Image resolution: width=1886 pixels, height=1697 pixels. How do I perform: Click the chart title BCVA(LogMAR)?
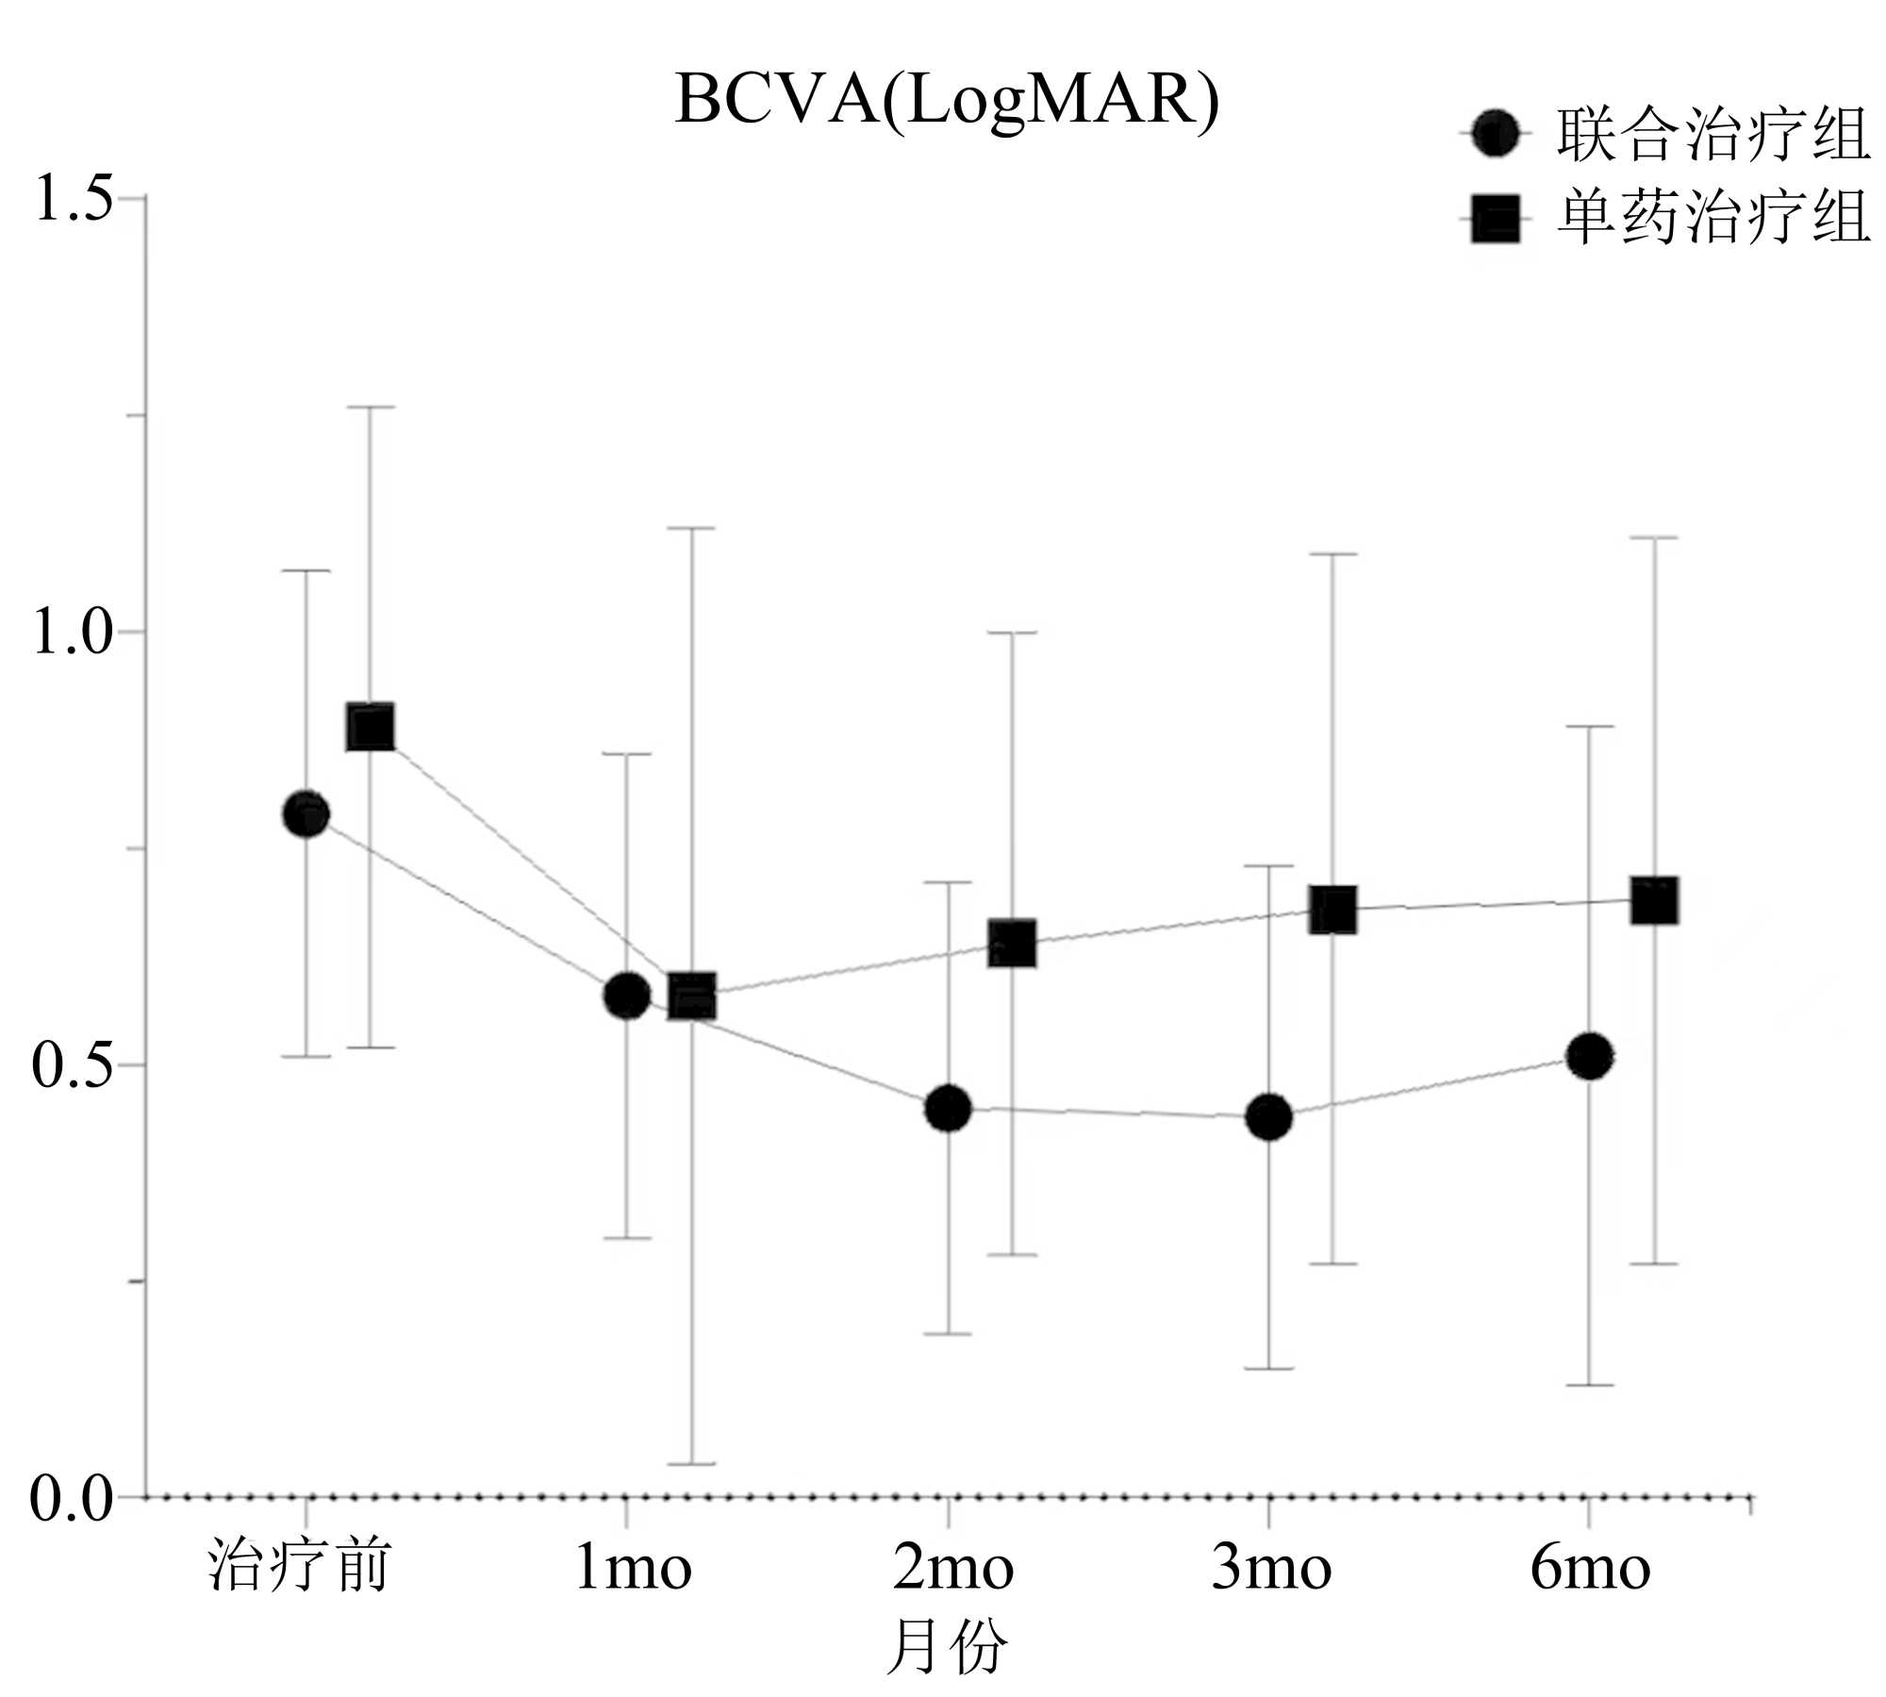(946, 100)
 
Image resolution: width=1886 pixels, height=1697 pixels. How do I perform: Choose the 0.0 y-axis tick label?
(71, 1498)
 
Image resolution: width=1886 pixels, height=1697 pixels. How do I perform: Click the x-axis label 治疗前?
(299, 1567)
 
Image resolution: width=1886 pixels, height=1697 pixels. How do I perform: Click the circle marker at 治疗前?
(306, 814)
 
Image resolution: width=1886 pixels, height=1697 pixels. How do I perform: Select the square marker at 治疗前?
(371, 727)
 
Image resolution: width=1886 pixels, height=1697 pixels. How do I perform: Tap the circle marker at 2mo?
(948, 1109)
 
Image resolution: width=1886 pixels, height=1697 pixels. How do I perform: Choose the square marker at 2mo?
(1013, 944)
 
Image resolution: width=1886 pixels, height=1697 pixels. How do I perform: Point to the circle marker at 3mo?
(1268, 1117)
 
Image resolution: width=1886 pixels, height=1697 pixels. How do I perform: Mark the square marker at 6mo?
(1654, 901)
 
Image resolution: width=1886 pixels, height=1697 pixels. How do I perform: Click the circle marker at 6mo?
(1589, 1057)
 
